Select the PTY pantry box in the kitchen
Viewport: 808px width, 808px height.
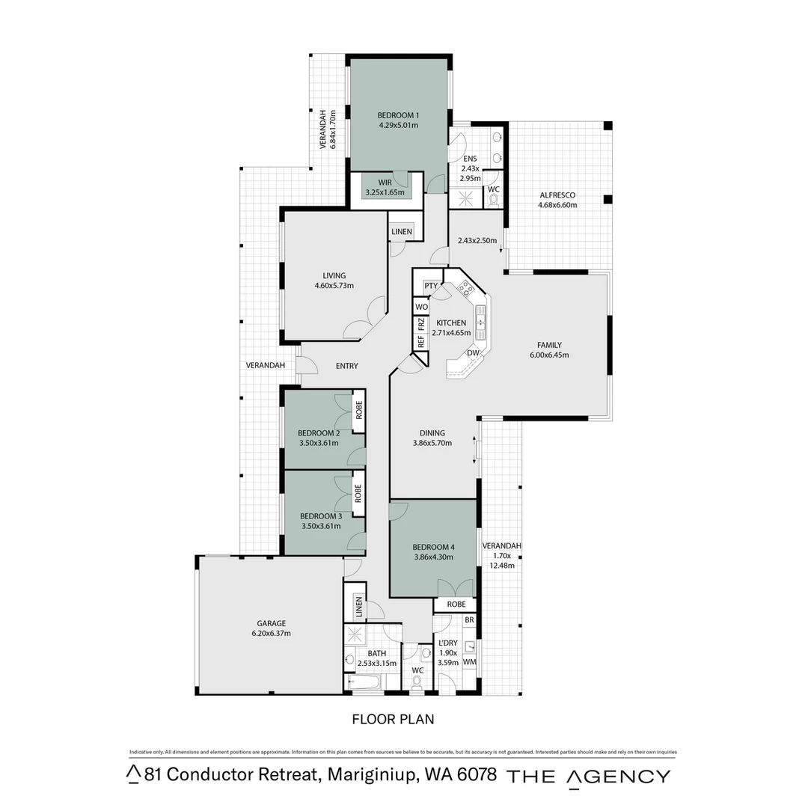[431, 286]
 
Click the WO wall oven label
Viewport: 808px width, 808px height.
[421, 307]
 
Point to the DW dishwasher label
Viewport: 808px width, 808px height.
[473, 353]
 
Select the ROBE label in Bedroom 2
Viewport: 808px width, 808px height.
[359, 409]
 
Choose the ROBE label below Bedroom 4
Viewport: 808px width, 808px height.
[456, 604]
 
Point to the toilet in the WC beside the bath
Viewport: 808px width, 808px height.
[417, 682]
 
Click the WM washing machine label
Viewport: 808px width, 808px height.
[469, 662]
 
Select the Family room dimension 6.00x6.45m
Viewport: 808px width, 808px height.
[548, 355]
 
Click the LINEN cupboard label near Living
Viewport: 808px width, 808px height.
[401, 232]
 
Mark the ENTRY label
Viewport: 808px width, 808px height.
[346, 366]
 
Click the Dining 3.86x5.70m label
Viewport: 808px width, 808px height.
[432, 438]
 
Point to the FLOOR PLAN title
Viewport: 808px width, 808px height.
[393, 719]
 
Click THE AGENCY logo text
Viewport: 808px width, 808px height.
[589, 776]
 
